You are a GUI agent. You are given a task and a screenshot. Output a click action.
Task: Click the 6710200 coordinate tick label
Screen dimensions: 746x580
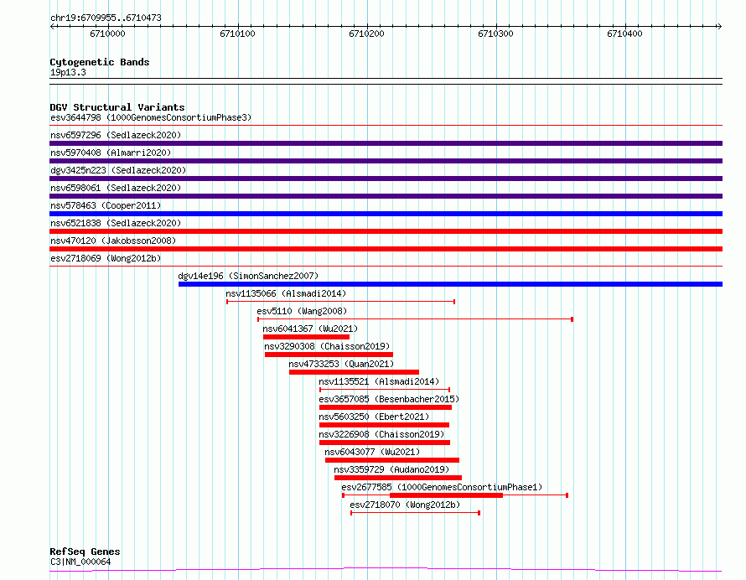coord(366,34)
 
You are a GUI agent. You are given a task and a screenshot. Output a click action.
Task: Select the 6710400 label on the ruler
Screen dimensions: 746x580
coord(624,34)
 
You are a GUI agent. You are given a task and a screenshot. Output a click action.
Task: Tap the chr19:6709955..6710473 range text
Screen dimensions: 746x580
coord(106,18)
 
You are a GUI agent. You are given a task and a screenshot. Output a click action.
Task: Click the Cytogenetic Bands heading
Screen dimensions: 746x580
coord(100,62)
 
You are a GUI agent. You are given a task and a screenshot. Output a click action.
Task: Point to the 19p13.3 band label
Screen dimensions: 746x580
coord(68,72)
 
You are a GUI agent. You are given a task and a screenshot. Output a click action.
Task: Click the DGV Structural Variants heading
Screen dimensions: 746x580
coord(117,107)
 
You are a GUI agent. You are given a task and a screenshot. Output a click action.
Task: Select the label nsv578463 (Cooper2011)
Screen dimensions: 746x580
coord(106,205)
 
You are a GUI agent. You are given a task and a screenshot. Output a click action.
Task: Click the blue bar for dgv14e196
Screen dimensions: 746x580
coord(450,284)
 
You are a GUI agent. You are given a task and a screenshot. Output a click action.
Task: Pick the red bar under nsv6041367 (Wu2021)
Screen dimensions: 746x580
coord(306,337)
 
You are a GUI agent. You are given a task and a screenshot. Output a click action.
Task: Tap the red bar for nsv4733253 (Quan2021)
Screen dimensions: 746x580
coord(354,372)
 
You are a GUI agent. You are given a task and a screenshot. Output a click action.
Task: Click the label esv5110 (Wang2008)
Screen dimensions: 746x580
coord(302,311)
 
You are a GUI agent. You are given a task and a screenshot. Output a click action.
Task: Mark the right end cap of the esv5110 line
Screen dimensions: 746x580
coord(572,319)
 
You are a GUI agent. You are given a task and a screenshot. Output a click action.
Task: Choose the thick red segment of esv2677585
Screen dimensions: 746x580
coord(446,495)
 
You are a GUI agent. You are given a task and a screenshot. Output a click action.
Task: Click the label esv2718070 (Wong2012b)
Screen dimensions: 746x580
coord(405,505)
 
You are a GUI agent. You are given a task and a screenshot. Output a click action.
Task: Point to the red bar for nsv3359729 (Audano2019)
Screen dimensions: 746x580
coord(398,478)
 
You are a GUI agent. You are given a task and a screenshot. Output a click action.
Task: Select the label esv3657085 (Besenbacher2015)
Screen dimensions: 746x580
coord(389,399)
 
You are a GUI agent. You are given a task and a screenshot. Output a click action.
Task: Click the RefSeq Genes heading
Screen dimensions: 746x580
coord(85,552)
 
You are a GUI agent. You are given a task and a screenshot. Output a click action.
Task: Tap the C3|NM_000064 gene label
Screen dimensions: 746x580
coord(80,562)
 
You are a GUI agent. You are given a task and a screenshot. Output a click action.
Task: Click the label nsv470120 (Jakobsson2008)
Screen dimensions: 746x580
coord(113,241)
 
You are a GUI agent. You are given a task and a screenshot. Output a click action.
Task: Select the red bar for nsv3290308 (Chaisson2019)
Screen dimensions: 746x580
coord(329,355)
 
